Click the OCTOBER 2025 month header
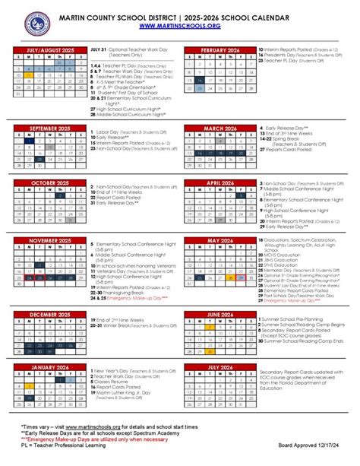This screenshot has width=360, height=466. coord(49,182)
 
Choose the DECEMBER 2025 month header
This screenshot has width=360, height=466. coord(49,313)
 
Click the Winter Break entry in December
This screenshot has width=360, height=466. coord(122,325)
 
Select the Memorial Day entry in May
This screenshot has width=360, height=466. coord(289,270)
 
